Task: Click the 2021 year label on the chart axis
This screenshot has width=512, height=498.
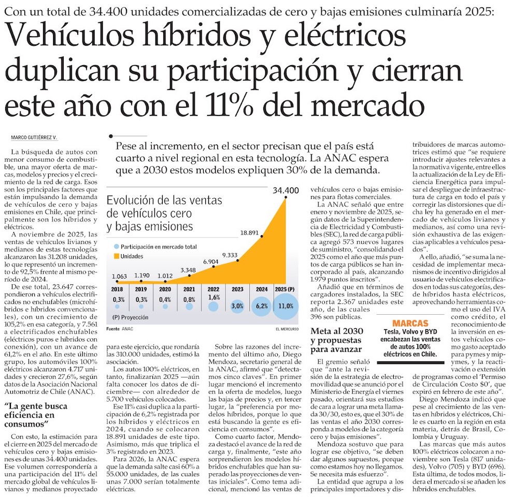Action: [189, 289]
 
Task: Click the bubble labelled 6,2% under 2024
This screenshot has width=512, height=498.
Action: [260, 306]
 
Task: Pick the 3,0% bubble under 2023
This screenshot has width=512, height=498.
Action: [237, 306]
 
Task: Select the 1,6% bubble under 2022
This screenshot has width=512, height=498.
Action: [213, 306]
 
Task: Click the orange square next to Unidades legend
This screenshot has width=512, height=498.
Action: [117, 256]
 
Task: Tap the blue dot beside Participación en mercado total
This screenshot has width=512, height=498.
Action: [117, 246]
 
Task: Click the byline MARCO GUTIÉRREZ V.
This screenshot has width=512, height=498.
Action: [33, 137]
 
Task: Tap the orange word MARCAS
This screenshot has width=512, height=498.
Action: [410, 324]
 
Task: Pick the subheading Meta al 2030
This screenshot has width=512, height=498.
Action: [337, 332]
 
